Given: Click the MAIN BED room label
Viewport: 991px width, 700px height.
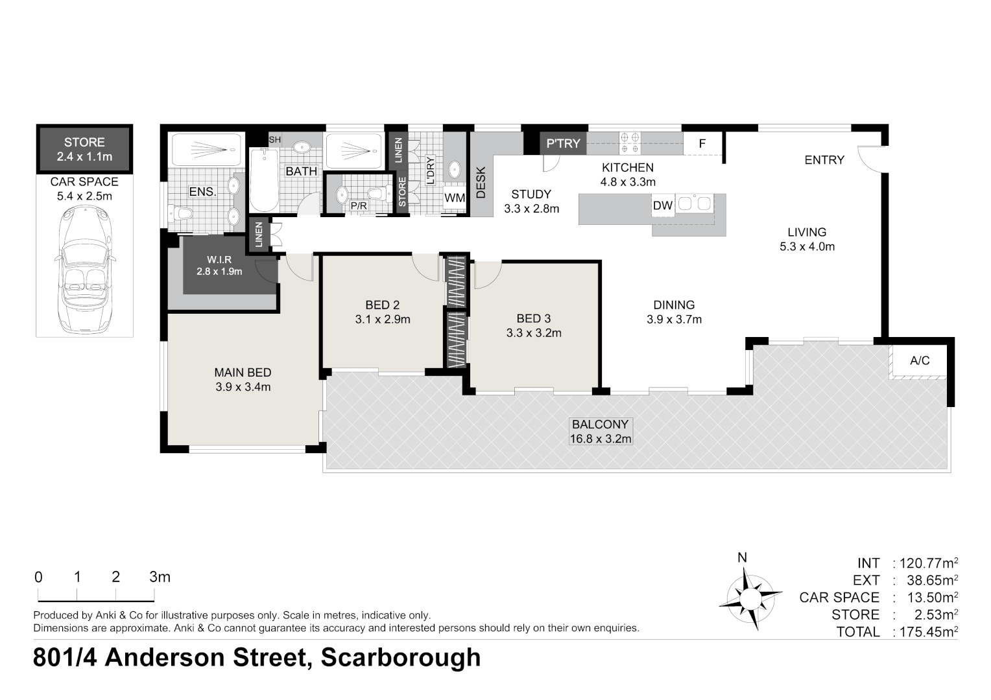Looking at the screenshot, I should (243, 373).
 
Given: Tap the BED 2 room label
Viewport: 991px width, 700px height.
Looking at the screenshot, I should (382, 305).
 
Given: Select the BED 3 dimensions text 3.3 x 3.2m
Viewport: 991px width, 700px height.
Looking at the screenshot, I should (534, 333).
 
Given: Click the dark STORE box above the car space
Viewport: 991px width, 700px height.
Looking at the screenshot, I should (84, 149).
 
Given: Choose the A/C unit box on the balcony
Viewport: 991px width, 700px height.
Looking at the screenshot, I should (920, 360).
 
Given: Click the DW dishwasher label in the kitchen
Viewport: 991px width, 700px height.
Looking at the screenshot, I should (663, 206).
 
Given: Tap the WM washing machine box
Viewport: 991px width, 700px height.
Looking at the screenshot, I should (455, 198).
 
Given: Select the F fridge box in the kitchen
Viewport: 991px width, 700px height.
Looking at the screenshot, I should (702, 144).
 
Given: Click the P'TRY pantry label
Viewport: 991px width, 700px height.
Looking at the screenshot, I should (563, 143).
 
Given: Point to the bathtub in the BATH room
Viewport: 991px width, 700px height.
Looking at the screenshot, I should (264, 180).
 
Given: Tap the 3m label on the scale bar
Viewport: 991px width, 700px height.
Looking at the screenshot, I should (159, 577).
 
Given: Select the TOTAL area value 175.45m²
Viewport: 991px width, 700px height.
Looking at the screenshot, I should (925, 632).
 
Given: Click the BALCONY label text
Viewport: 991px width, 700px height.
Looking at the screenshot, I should (600, 425).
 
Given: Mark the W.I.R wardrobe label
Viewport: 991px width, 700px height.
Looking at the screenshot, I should (219, 259).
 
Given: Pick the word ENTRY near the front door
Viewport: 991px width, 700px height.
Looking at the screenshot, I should (824, 160).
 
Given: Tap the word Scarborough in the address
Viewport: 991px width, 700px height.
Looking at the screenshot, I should (401, 658).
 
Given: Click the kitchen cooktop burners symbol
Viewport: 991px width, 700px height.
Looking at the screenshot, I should (629, 143).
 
